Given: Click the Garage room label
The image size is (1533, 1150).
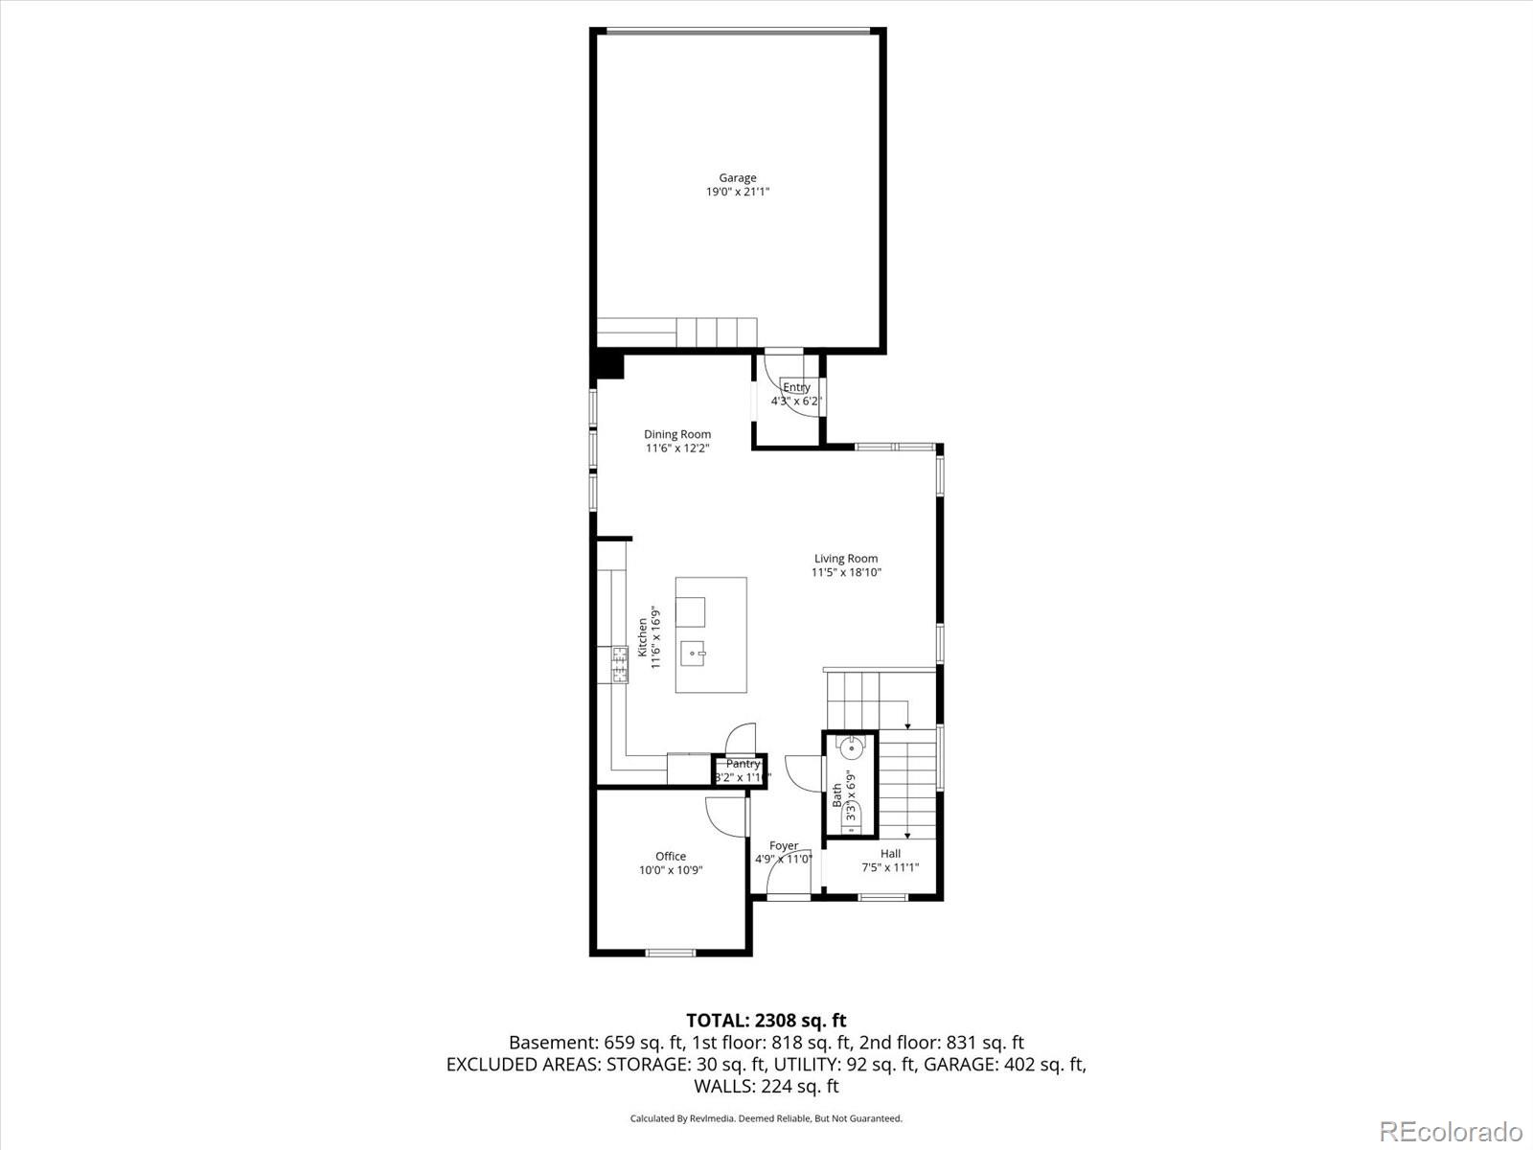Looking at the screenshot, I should tap(738, 177).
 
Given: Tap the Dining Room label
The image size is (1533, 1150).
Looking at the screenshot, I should tap(677, 434).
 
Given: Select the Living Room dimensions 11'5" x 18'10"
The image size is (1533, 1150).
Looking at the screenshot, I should tap(846, 573).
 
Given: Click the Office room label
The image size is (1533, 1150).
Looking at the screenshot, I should tap(671, 857).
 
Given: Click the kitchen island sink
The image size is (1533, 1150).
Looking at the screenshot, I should tap(693, 655).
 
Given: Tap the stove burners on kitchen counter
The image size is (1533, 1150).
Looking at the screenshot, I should tap(620, 665).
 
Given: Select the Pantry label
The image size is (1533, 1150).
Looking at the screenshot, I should tap(743, 764).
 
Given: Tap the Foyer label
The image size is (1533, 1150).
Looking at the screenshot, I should tap(784, 846).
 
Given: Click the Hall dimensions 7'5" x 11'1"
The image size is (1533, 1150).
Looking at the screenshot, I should tap(890, 868).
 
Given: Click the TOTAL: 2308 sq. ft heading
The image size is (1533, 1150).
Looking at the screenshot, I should tap(766, 1021).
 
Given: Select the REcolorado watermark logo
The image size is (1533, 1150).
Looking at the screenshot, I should tap(1451, 1131).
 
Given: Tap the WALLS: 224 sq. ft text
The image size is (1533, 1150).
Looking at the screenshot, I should tap(766, 1086).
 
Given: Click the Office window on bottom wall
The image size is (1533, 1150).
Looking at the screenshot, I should tap(670, 952).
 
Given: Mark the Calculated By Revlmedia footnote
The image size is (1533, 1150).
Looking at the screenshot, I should tap(766, 1118).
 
